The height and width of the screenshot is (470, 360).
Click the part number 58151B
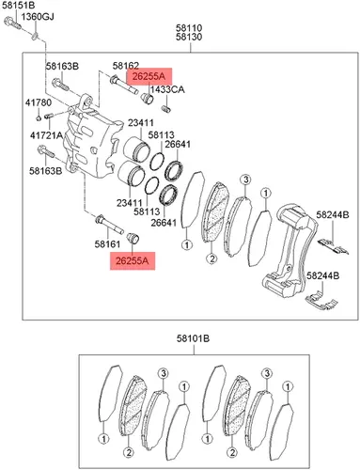pyautogui.click(x=19, y=5)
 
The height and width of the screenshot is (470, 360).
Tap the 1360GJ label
pyautogui.click(x=38, y=16)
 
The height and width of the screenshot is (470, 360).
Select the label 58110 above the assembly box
pyautogui.click(x=189, y=28)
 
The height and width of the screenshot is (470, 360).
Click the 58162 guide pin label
pyautogui.click(x=126, y=66)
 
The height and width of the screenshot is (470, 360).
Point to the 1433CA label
pyautogui.click(x=167, y=90)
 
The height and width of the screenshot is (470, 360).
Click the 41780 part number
pyautogui.click(x=39, y=102)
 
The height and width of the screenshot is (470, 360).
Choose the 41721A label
pyautogui.click(x=46, y=135)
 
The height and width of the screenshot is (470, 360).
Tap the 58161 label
pyautogui.click(x=107, y=244)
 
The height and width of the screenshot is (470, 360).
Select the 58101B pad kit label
pyautogui.click(x=193, y=338)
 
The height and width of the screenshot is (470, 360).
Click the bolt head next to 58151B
pyautogui.click(x=8, y=22)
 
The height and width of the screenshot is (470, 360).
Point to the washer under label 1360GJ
pyautogui.click(x=35, y=37)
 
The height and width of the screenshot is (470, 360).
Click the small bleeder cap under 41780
pyautogui.click(x=38, y=117)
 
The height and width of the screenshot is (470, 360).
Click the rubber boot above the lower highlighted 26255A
pyautogui.click(x=133, y=239)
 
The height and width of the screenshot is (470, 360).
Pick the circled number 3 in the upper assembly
pyautogui.click(x=245, y=180)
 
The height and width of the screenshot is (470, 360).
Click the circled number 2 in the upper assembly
pyautogui.click(x=211, y=258)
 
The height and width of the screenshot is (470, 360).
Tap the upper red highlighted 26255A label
pyautogui.click(x=149, y=76)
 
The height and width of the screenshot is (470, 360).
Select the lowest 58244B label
pyautogui.click(x=322, y=276)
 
